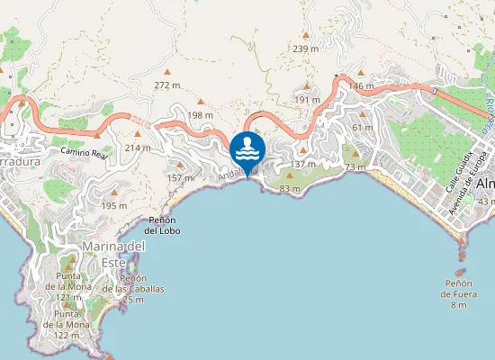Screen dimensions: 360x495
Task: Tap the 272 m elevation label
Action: point(167,85)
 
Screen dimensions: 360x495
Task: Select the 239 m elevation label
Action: point(306,49)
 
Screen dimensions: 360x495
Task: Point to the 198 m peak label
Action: point(200,115)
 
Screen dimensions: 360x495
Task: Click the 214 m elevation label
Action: point(138,148)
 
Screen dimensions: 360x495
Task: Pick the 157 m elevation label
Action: point(180,178)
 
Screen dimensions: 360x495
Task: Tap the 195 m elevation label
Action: point(114,206)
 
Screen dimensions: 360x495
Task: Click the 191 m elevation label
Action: point(308,99)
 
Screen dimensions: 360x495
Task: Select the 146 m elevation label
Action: point(361,86)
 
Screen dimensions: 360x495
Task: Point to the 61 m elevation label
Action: point(363,128)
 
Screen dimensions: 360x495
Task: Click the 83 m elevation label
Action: point(290,189)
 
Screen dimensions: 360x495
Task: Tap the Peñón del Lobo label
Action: point(163,225)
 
